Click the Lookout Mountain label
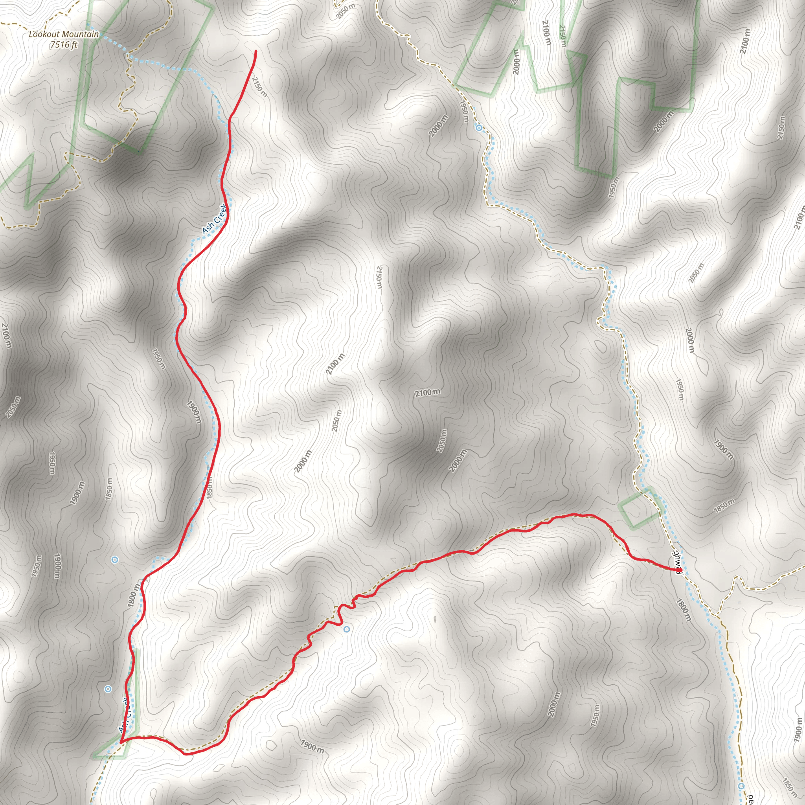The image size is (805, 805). pos(63,34)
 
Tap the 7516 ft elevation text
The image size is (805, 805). pos(64,44)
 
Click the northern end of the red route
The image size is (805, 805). pos(256,51)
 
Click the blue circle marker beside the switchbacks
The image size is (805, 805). pos(347,629)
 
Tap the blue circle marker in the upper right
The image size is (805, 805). pos(479,127)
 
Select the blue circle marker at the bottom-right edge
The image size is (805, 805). pos(741,786)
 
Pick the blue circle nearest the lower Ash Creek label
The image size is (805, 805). pos(108,689)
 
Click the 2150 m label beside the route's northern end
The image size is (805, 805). pos(259,86)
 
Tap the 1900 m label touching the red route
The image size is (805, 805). pos(194,412)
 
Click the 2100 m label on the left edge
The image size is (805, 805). pos(6,335)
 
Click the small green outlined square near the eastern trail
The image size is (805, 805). pos(638,509)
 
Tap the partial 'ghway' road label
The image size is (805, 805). pos(678,561)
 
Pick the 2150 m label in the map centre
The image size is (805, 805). pos(379,277)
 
